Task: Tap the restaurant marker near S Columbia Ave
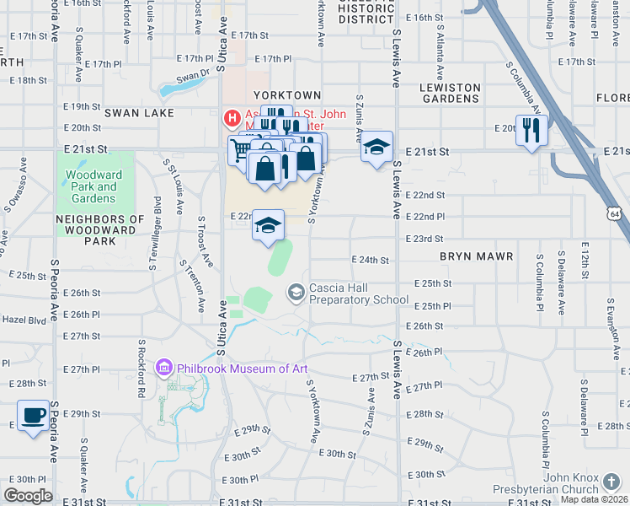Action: click(x=531, y=131)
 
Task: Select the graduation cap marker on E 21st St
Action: click(x=376, y=148)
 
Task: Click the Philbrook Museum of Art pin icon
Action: click(x=164, y=368)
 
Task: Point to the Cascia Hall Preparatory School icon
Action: click(x=296, y=293)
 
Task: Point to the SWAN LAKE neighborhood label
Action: click(x=139, y=112)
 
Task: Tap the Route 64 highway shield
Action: click(x=617, y=215)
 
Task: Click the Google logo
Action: click(x=29, y=495)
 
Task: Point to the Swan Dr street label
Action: click(x=193, y=75)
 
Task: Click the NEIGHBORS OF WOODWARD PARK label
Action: click(x=85, y=229)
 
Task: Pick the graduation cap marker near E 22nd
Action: click(x=269, y=225)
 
